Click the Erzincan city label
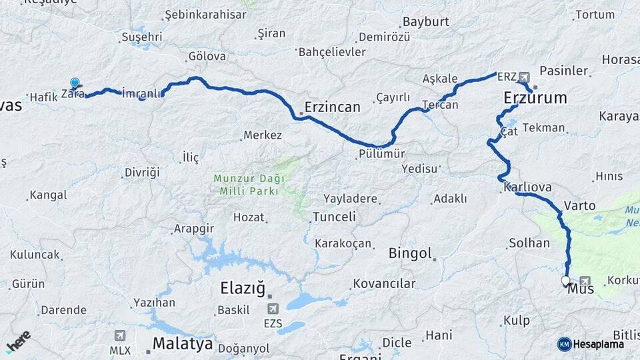tap(332, 107)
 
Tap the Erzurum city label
tap(535, 99)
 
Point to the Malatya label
tap(183, 344)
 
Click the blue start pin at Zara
tap(75, 84)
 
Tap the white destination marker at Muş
tap(566, 281)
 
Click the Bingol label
tap(410, 254)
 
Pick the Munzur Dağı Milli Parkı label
tap(249, 185)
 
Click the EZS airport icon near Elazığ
tap(273, 309)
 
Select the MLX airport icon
tap(119, 335)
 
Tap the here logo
tap(19, 341)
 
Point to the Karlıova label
tap(528, 187)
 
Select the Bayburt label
tap(426, 22)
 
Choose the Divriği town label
tap(142, 173)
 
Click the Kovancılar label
tap(384, 284)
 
